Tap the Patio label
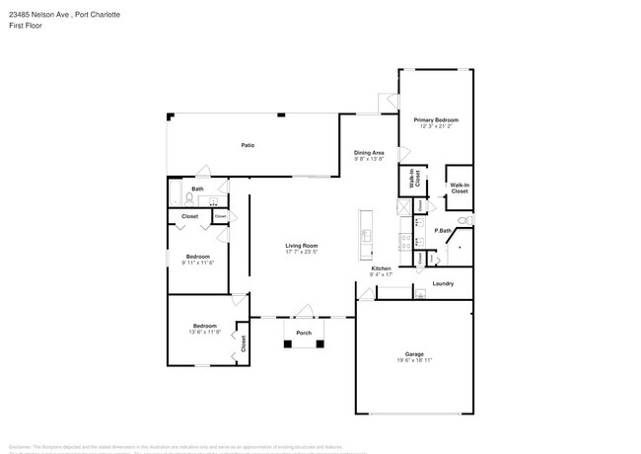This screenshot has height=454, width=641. (x=249, y=145)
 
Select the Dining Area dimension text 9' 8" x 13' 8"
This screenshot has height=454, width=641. (x=369, y=159)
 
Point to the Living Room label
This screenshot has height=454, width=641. (x=302, y=246)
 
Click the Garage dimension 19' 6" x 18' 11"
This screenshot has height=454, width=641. (x=414, y=361)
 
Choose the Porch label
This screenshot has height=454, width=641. (x=304, y=334)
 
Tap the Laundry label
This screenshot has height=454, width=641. (x=443, y=284)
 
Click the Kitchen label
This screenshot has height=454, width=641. (x=382, y=268)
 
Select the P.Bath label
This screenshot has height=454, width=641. (x=444, y=231)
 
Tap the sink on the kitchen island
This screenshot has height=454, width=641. (x=365, y=235)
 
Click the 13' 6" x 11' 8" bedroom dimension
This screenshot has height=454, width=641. (x=204, y=332)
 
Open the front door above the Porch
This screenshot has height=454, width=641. (x=304, y=312)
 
